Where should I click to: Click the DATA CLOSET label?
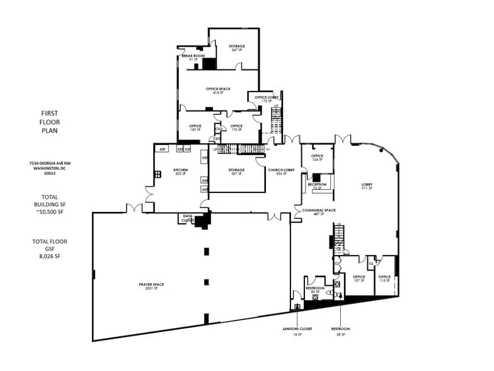(x=187, y=218)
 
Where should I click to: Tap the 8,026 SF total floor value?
(x=49, y=257)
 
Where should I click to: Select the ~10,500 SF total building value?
(x=49, y=212)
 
